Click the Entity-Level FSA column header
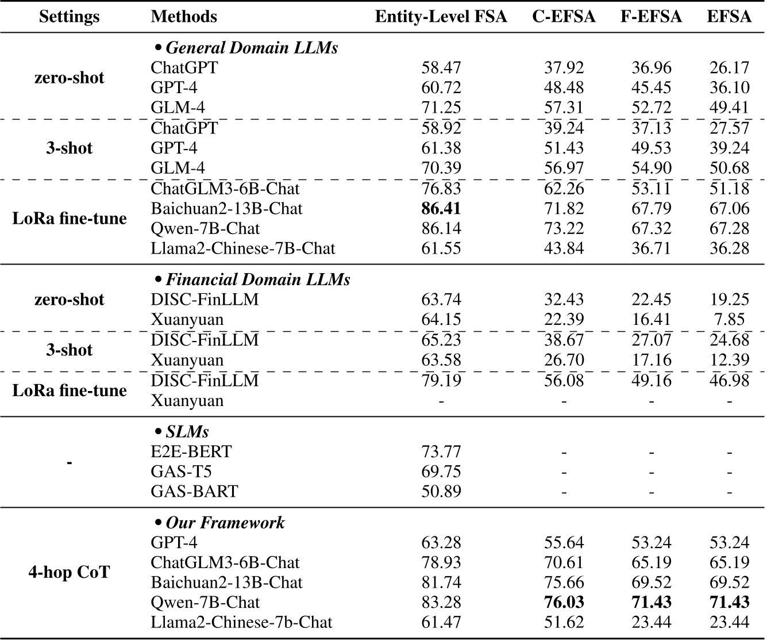tap(441, 17)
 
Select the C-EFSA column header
tap(563, 17)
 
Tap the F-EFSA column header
tap(651, 17)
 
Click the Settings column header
tap(69, 17)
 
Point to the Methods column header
tap(184, 17)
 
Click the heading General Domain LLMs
tap(251, 47)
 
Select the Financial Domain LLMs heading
tap(257, 279)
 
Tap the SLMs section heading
tap(187, 432)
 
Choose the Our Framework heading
tap(225, 523)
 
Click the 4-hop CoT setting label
tap(69, 573)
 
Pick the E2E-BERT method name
tap(191, 452)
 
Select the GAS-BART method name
tap(194, 492)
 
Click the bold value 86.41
tap(441, 208)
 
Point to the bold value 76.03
tap(564, 603)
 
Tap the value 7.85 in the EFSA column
tap(729, 320)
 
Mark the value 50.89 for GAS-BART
tap(441, 492)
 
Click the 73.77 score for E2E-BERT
tap(441, 452)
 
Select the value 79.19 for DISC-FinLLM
tap(441, 381)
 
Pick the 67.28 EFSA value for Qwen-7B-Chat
tap(729, 229)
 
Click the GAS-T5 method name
tap(181, 472)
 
